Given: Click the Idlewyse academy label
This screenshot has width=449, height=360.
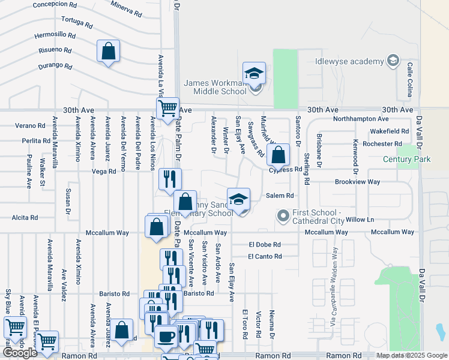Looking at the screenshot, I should [x=349, y=62].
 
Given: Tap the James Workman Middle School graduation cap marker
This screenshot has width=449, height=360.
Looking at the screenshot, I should [x=254, y=73].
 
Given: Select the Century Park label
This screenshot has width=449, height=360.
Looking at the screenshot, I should [x=406, y=159].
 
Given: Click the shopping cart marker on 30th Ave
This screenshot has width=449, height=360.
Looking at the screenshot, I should [x=167, y=109].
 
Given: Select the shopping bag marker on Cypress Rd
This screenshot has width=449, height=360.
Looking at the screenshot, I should [x=279, y=155].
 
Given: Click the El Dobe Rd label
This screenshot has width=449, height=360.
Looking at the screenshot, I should [x=265, y=244].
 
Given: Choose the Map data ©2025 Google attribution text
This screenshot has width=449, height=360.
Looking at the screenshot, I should [x=411, y=355].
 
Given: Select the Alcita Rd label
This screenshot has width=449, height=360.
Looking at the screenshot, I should [x=24, y=219].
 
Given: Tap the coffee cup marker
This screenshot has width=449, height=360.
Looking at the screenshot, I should [x=166, y=336].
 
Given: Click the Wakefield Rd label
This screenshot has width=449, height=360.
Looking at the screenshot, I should [x=389, y=131].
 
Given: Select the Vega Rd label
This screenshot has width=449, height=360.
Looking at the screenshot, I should [x=104, y=171].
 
